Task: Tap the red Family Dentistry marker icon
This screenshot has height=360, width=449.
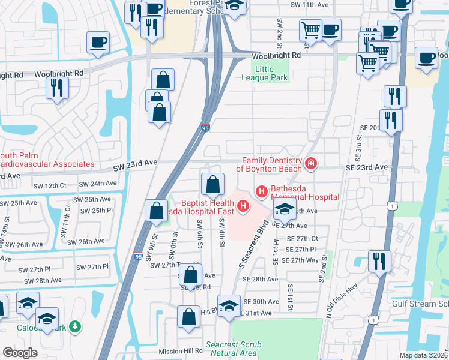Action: [310, 163]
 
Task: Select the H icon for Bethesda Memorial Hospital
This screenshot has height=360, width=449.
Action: [262, 191]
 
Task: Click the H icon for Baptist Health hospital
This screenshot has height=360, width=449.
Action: [243, 206]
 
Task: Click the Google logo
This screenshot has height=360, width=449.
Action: [20, 353]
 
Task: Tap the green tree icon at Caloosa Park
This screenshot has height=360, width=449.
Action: [75, 327]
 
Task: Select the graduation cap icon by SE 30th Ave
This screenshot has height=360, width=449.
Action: [229, 305]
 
